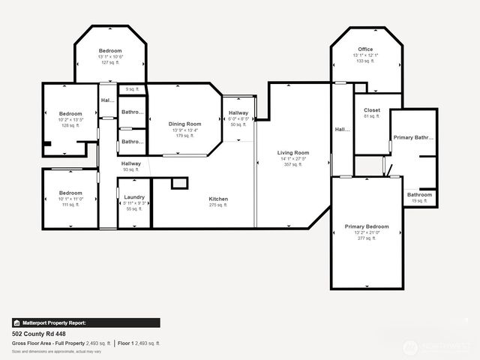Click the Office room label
(x=365, y=49)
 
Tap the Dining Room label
(x=184, y=124)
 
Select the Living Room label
(x=293, y=153)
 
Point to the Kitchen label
(x=218, y=199)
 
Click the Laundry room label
(x=134, y=196)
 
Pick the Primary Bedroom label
(x=367, y=226)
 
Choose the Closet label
(x=372, y=110)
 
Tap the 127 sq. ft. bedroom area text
(x=110, y=62)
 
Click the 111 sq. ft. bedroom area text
(x=70, y=205)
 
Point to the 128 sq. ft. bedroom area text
(x=70, y=125)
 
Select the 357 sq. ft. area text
(x=293, y=165)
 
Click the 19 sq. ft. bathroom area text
(x=419, y=201)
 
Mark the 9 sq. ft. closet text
(x=133, y=90)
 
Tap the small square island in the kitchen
(x=178, y=183)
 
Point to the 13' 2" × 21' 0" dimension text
(x=367, y=232)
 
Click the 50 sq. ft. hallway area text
(x=238, y=124)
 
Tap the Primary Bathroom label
(x=413, y=138)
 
